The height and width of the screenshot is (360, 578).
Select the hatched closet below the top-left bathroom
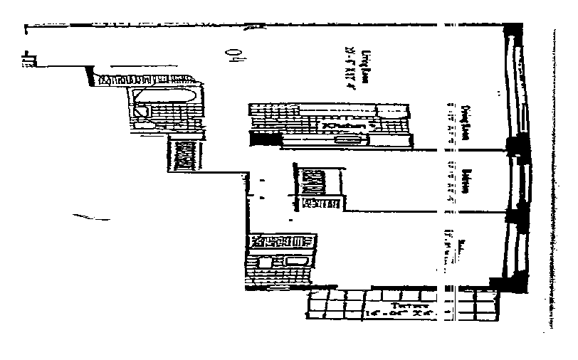pyautogui.click(x=184, y=154)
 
